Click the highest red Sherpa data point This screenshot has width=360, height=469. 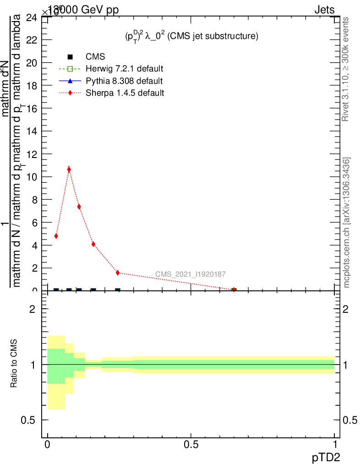tap(69, 169)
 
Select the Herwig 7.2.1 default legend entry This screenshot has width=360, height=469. tap(124, 69)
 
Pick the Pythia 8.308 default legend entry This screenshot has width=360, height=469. tap(124, 81)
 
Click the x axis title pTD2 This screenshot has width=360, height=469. tap(326, 457)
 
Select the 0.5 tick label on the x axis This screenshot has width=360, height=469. tap(191, 445)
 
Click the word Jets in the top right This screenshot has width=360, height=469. tap(324, 10)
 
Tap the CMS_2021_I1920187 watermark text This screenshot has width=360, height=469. tap(190, 274)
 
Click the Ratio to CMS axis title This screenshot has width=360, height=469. tap(14, 364)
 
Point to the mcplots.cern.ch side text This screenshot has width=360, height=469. tap(347, 223)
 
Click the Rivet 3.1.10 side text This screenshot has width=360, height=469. tap(346, 69)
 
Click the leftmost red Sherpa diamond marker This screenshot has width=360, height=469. tap(56, 236)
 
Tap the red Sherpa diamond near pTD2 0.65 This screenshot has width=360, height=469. tap(234, 289)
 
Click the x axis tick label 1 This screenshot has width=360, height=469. tap(335, 445)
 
